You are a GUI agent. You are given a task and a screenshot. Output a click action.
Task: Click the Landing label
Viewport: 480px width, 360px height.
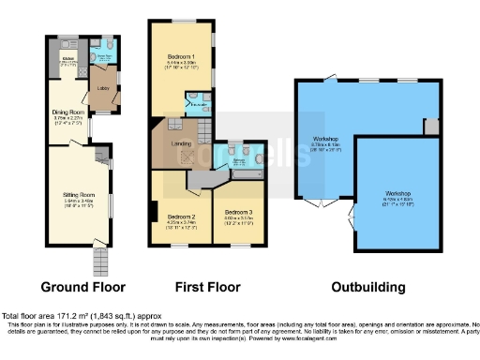tap(182, 143)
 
